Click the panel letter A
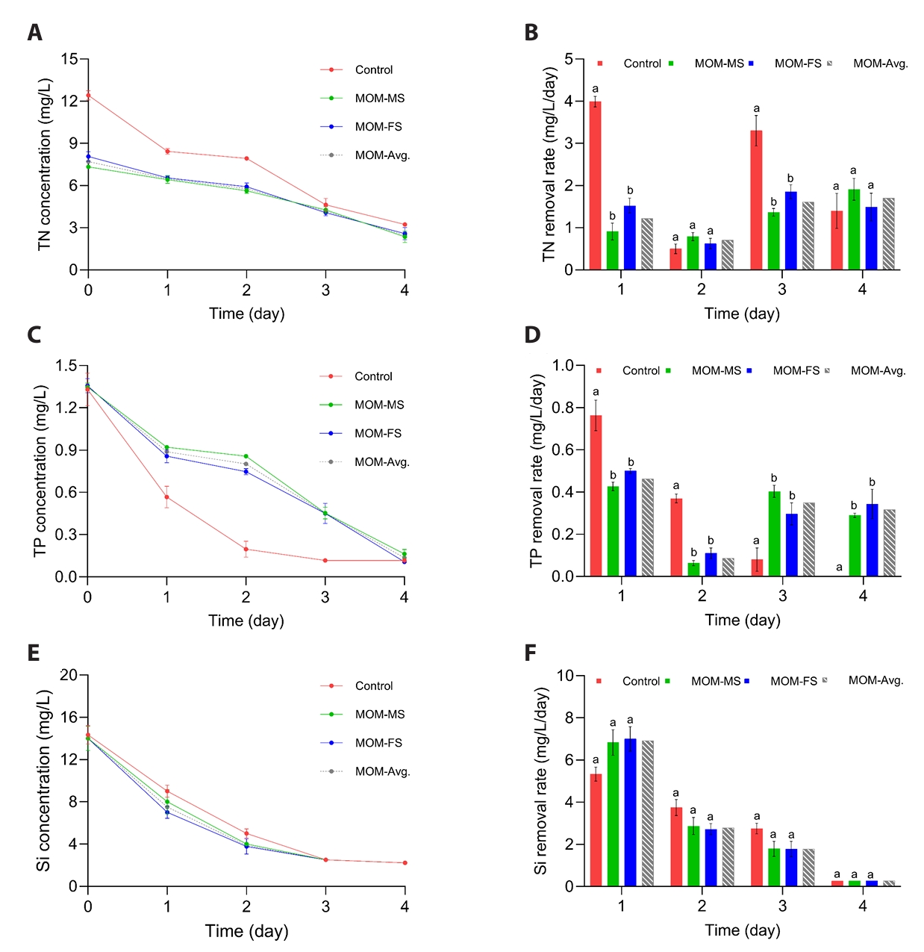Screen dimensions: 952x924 click(34, 32)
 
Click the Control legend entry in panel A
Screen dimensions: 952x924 click(373, 70)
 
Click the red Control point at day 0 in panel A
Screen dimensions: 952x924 click(88, 95)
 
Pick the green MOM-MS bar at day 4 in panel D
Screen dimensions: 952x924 click(855, 546)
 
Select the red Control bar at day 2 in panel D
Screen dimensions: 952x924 click(676, 537)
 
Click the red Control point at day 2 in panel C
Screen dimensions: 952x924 click(246, 549)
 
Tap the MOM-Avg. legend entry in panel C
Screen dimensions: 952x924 click(381, 462)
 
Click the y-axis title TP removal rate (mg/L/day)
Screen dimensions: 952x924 click(537, 471)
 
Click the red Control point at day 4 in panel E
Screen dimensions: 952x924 click(405, 862)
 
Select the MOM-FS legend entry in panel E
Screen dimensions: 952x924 click(378, 743)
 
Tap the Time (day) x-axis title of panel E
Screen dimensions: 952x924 click(246, 931)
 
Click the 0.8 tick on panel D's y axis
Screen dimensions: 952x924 click(564, 408)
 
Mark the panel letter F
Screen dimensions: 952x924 click(531, 653)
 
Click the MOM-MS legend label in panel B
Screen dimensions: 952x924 click(719, 63)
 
